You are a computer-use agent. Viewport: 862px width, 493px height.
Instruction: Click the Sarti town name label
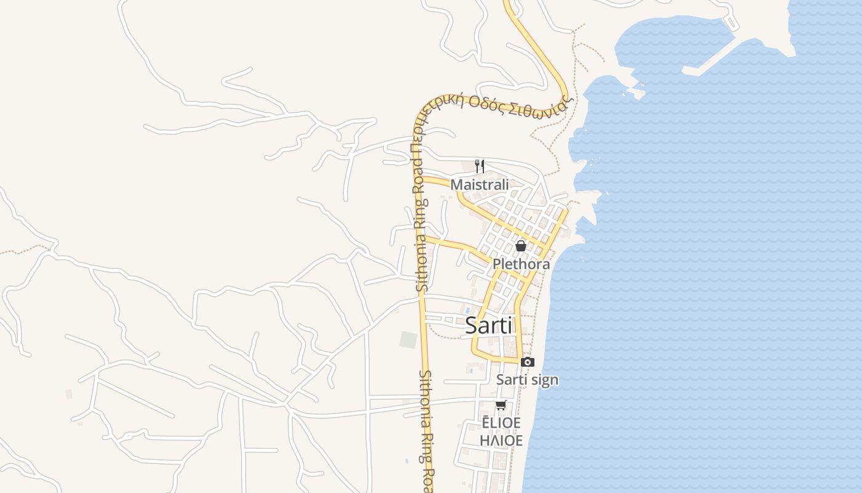[489, 325]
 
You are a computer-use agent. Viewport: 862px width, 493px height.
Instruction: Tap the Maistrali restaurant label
[480, 185]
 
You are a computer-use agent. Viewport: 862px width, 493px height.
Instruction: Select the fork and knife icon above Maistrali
[480, 166]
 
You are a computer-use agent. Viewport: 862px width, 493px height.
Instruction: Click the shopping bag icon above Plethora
[521, 246]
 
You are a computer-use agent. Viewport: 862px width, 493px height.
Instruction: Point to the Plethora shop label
[521, 264]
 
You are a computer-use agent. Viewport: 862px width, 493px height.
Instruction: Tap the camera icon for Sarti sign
[528, 362]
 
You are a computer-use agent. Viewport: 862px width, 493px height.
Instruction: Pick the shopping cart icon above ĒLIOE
[501, 405]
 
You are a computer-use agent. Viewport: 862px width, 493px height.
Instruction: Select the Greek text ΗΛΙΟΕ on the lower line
[501, 441]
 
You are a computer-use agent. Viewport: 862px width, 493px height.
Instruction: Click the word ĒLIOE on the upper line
[501, 423]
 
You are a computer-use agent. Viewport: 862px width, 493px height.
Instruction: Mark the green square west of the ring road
[408, 340]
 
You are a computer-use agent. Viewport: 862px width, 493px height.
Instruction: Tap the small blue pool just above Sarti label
[467, 309]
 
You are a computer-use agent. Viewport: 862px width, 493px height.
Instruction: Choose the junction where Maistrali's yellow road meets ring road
[422, 179]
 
